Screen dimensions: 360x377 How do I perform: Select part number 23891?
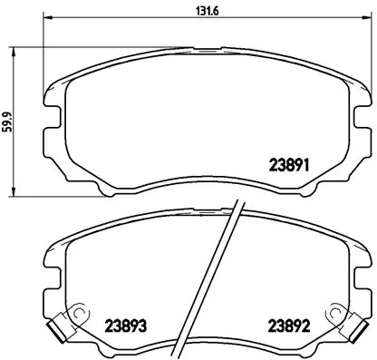click(x=290, y=165)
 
